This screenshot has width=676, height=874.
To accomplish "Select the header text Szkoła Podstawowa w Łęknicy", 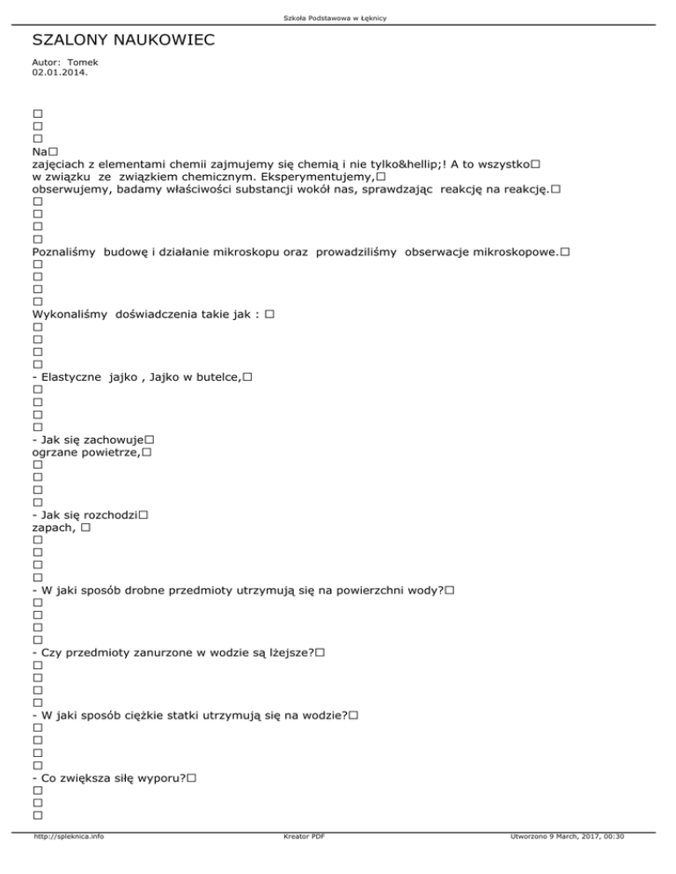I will [337, 18].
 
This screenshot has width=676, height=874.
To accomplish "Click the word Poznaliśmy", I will [64, 252].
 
